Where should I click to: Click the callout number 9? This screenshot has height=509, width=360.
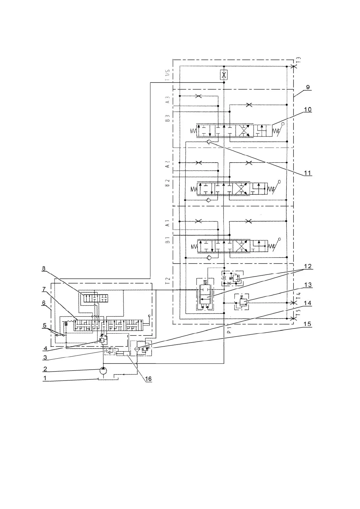tap(308, 87)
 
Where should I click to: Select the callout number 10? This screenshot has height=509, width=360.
tap(308, 109)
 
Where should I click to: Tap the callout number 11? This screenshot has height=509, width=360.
tap(308, 173)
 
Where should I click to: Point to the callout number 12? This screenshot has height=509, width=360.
tap(308, 266)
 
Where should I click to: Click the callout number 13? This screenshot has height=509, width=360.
tap(308, 285)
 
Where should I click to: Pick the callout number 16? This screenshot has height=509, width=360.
tap(148, 379)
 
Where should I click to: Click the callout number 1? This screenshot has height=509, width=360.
tap(45, 378)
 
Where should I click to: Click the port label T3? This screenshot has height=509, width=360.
tap(298, 60)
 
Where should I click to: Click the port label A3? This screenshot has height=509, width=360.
tap(167, 100)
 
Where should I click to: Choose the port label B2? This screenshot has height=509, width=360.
tap(167, 183)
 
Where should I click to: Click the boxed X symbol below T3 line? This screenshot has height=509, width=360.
tap(224, 74)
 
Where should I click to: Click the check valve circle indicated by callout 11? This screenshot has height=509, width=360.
tap(209, 142)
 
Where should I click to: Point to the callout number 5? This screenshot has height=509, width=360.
tap(45, 326)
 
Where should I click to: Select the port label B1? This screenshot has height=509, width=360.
tap(167, 241)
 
